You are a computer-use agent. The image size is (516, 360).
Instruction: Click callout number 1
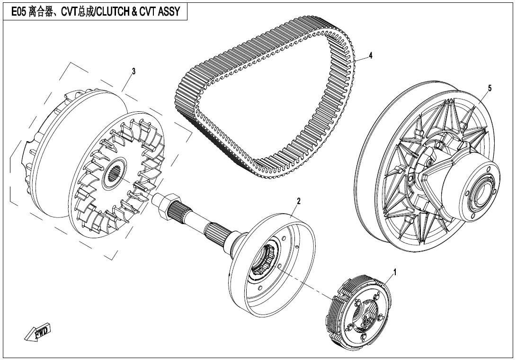coord(395,272)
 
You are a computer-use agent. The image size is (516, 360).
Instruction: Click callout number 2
coord(298,201)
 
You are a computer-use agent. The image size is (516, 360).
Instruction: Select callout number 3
coord(133,71)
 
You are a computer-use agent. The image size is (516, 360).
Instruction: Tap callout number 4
coord(371,55)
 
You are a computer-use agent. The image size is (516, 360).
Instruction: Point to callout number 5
coord(489,88)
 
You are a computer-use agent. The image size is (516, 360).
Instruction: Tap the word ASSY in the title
coord(169,12)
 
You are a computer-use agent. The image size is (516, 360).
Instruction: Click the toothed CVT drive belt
coord(265,95)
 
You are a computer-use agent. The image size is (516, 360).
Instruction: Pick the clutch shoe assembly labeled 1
coord(360,315)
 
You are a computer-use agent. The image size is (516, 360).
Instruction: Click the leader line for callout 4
coord(360,59)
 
